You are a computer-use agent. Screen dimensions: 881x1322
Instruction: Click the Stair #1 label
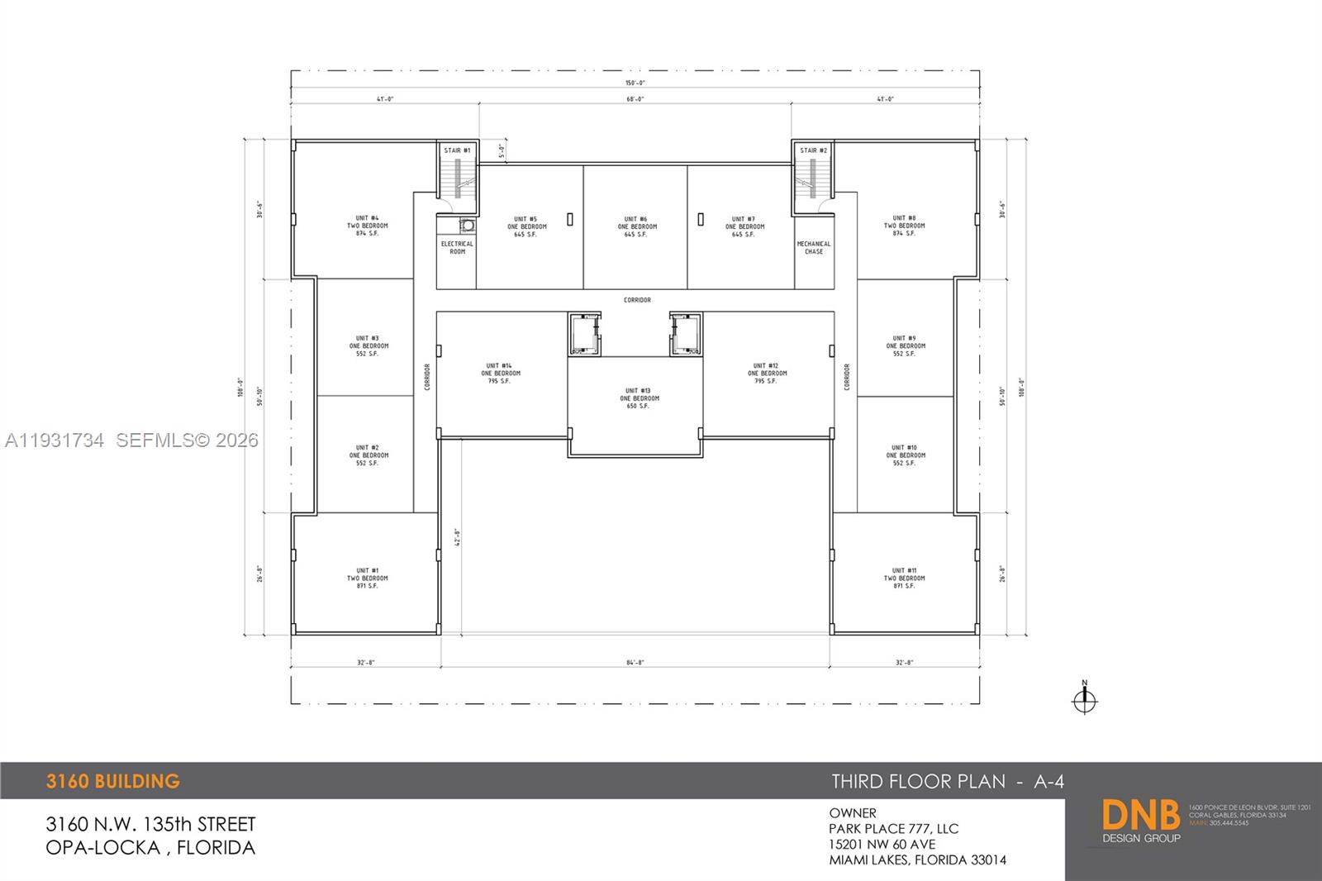click(x=457, y=150)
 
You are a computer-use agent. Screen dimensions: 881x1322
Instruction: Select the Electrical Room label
click(x=457, y=247)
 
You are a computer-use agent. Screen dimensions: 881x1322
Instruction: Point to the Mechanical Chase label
click(x=814, y=247)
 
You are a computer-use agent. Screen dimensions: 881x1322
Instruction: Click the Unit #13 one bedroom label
click(x=639, y=398)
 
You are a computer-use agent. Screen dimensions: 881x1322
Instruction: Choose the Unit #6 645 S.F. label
click(x=637, y=235)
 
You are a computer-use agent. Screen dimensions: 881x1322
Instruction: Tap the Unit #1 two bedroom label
click(x=368, y=579)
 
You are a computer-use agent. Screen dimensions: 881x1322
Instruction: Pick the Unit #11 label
click(x=904, y=570)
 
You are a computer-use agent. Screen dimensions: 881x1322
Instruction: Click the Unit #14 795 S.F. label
click(x=500, y=381)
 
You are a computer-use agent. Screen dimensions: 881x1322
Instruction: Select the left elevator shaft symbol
click(x=584, y=335)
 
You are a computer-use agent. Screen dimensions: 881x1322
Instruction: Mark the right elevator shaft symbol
click(x=685, y=335)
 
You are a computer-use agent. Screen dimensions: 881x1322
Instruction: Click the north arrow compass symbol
click(x=1084, y=699)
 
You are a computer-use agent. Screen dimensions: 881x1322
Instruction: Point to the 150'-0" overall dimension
click(x=635, y=83)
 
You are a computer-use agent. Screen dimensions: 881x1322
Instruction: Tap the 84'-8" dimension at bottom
click(x=635, y=663)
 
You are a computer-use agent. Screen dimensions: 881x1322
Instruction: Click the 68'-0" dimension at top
click(x=635, y=99)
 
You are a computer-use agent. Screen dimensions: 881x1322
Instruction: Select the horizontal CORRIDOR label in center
click(x=637, y=300)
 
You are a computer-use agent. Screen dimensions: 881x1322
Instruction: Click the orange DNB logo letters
click(x=1140, y=815)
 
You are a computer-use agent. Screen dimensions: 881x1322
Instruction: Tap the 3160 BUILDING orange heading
click(x=113, y=781)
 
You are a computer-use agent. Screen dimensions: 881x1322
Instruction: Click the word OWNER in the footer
click(x=853, y=813)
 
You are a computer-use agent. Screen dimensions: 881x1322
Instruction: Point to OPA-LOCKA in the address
click(x=102, y=847)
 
